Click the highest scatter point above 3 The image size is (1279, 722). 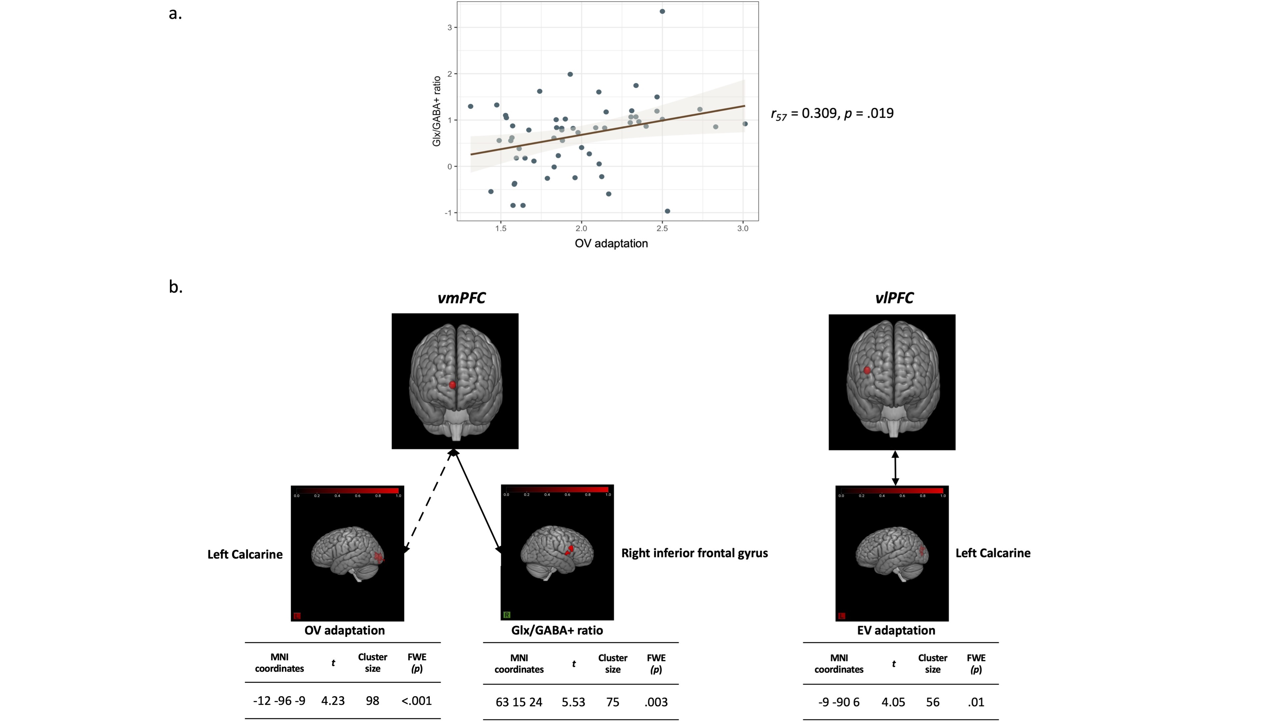662,11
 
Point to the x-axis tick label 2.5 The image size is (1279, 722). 662,228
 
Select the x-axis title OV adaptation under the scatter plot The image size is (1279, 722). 611,243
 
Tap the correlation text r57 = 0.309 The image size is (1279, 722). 832,114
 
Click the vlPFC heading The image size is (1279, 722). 894,298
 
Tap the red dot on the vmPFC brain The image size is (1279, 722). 452,385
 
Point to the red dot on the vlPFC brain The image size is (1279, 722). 867,370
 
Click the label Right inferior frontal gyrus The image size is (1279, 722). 694,553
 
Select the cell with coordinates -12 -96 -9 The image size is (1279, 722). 279,701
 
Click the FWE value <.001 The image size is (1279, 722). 416,701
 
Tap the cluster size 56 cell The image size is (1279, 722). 932,702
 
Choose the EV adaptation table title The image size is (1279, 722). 896,631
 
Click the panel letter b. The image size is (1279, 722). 175,287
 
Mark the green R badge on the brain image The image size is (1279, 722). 506,615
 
